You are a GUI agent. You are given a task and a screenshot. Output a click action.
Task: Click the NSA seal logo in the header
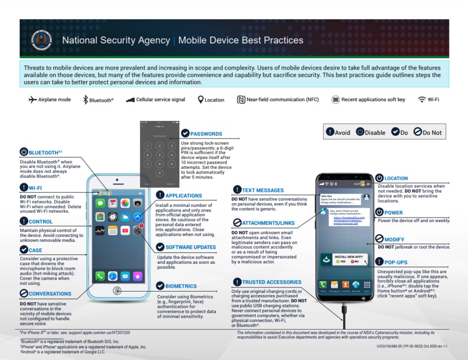pyautogui.click(x=41, y=40)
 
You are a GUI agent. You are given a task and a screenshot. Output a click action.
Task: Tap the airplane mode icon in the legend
pyautogui.click(x=33, y=100)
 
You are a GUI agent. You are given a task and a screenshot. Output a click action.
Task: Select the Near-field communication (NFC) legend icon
pyautogui.click(x=241, y=100)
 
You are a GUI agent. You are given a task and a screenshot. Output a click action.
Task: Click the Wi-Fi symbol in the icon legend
pyautogui.click(x=422, y=100)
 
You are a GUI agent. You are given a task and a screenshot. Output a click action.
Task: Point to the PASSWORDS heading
pyautogui.click(x=206, y=134)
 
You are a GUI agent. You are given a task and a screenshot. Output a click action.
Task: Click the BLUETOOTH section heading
pyautogui.click(x=45, y=152)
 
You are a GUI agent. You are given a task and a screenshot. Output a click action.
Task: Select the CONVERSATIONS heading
pyautogui.click(x=50, y=294)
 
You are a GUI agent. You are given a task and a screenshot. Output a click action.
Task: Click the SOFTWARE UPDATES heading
pyautogui.click(x=190, y=247)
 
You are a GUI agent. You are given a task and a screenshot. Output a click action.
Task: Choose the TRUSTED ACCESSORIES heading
pyautogui.click(x=272, y=282)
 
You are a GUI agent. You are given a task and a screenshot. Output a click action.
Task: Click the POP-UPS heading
pyautogui.click(x=395, y=262)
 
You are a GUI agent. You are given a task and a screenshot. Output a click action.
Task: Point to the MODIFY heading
pyautogui.click(x=394, y=240)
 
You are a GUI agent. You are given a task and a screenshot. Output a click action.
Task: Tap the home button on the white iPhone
pyautogui.click(x=117, y=291)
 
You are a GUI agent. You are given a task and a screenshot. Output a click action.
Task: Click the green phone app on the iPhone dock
pyautogui.click(x=100, y=276)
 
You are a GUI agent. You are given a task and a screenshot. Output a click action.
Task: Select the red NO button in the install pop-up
pyautogui.click(x=354, y=261)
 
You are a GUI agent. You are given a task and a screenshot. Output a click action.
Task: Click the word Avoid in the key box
pyautogui.click(x=342, y=132)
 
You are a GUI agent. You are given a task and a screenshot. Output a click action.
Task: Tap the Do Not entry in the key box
pyautogui.click(x=431, y=132)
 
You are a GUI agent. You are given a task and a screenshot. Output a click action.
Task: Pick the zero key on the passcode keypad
pyautogui.click(x=159, y=173)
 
